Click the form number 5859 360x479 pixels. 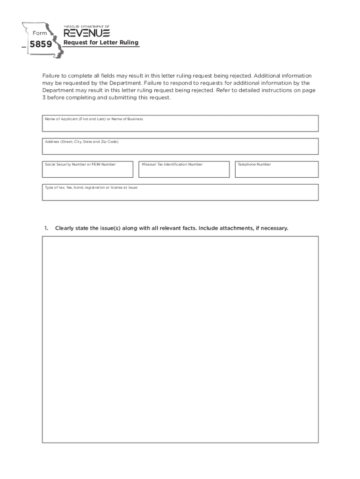[40, 45]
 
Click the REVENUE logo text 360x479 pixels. [86, 33]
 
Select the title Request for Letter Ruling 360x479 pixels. [101, 43]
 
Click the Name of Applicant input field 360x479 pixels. [180, 126]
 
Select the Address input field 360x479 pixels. [180, 149]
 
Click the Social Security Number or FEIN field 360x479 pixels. [87, 172]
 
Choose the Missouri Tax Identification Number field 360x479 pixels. [184, 172]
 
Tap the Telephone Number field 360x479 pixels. [276, 172]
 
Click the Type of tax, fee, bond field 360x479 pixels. [180, 195]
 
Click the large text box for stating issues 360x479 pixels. [180, 339]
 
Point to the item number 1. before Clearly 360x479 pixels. [46, 228]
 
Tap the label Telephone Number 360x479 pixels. [254, 165]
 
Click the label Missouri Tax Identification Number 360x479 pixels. [172, 165]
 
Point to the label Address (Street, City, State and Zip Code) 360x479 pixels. [81, 142]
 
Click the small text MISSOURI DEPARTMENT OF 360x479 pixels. [86, 27]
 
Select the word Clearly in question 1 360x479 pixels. [65, 228]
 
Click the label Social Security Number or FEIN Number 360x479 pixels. [80, 165]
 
